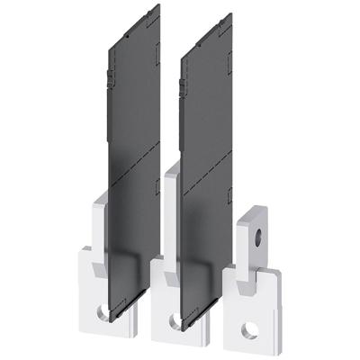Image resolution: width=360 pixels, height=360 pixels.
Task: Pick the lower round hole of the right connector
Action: tap(250, 330)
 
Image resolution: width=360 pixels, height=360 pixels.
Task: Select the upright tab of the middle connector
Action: tap(170, 216)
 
